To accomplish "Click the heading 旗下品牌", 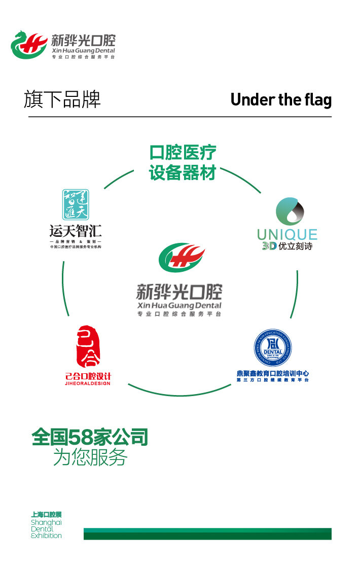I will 62,99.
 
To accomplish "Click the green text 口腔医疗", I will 183,153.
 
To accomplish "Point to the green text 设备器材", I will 183,172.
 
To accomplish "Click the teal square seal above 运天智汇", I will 76,205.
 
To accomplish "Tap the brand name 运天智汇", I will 76,232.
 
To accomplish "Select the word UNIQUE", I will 287,235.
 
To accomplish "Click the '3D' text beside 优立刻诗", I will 269,246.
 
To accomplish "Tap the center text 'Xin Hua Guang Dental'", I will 179,305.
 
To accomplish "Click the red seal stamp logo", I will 88,347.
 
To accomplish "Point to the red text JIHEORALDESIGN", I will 88,383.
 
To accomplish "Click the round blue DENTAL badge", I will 273,348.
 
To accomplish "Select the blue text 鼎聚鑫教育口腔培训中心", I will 273,374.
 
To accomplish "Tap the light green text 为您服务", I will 90,458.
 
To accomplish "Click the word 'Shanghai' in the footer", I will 46,522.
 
